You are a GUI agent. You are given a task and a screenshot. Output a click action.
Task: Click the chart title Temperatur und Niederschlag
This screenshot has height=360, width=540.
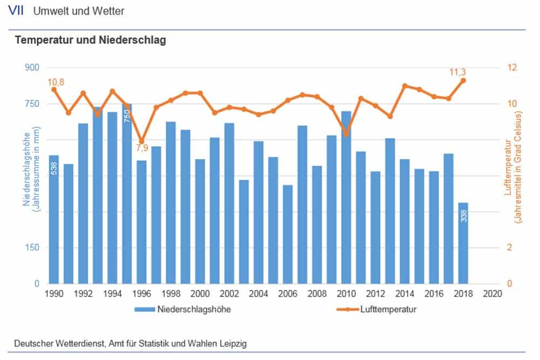tap(90, 40)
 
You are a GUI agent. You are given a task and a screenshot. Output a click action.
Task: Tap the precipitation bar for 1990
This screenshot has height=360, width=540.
tap(53, 219)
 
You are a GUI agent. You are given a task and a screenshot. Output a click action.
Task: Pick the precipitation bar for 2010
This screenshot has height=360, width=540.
tap(346, 198)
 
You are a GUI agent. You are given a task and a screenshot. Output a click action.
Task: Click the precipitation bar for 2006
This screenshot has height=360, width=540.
tap(288, 234)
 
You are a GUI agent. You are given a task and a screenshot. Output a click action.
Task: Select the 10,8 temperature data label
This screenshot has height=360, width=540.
tap(56, 82)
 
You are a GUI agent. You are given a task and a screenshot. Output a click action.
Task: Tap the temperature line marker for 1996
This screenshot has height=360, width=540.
tap(141, 141)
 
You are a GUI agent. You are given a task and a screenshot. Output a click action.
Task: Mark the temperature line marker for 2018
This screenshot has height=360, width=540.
tap(463, 80)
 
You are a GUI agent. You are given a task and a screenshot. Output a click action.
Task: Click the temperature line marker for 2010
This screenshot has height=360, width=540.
tap(346, 133)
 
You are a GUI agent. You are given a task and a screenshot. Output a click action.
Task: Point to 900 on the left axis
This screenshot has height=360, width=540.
tap(32, 68)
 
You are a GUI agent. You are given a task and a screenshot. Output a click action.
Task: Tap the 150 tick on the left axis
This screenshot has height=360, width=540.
tap(32, 248)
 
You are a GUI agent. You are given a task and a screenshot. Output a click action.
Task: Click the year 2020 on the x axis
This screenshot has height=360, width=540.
tap(492, 294)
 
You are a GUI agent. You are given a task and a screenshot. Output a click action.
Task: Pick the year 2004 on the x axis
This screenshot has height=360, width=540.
tap(259, 294)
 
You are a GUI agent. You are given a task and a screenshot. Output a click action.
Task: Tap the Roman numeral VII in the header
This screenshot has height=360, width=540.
tap(17, 11)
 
